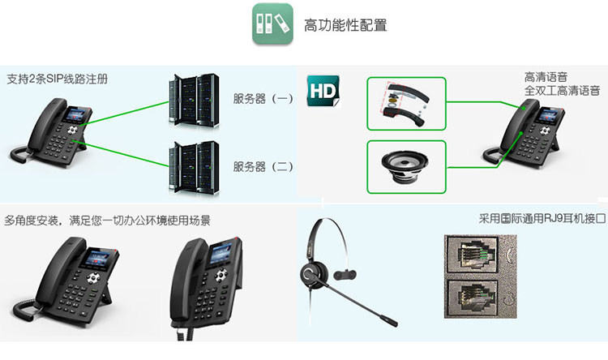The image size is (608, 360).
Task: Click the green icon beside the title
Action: pyautogui.click(x=271, y=27)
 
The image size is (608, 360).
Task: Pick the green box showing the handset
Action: pyautogui.click(x=406, y=103)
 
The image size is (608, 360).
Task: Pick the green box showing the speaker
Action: pyautogui.click(x=406, y=166)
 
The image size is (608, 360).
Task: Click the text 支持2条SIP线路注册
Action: pyautogui.click(x=57, y=79)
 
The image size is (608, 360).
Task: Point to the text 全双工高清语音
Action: pyautogui.click(x=562, y=91)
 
